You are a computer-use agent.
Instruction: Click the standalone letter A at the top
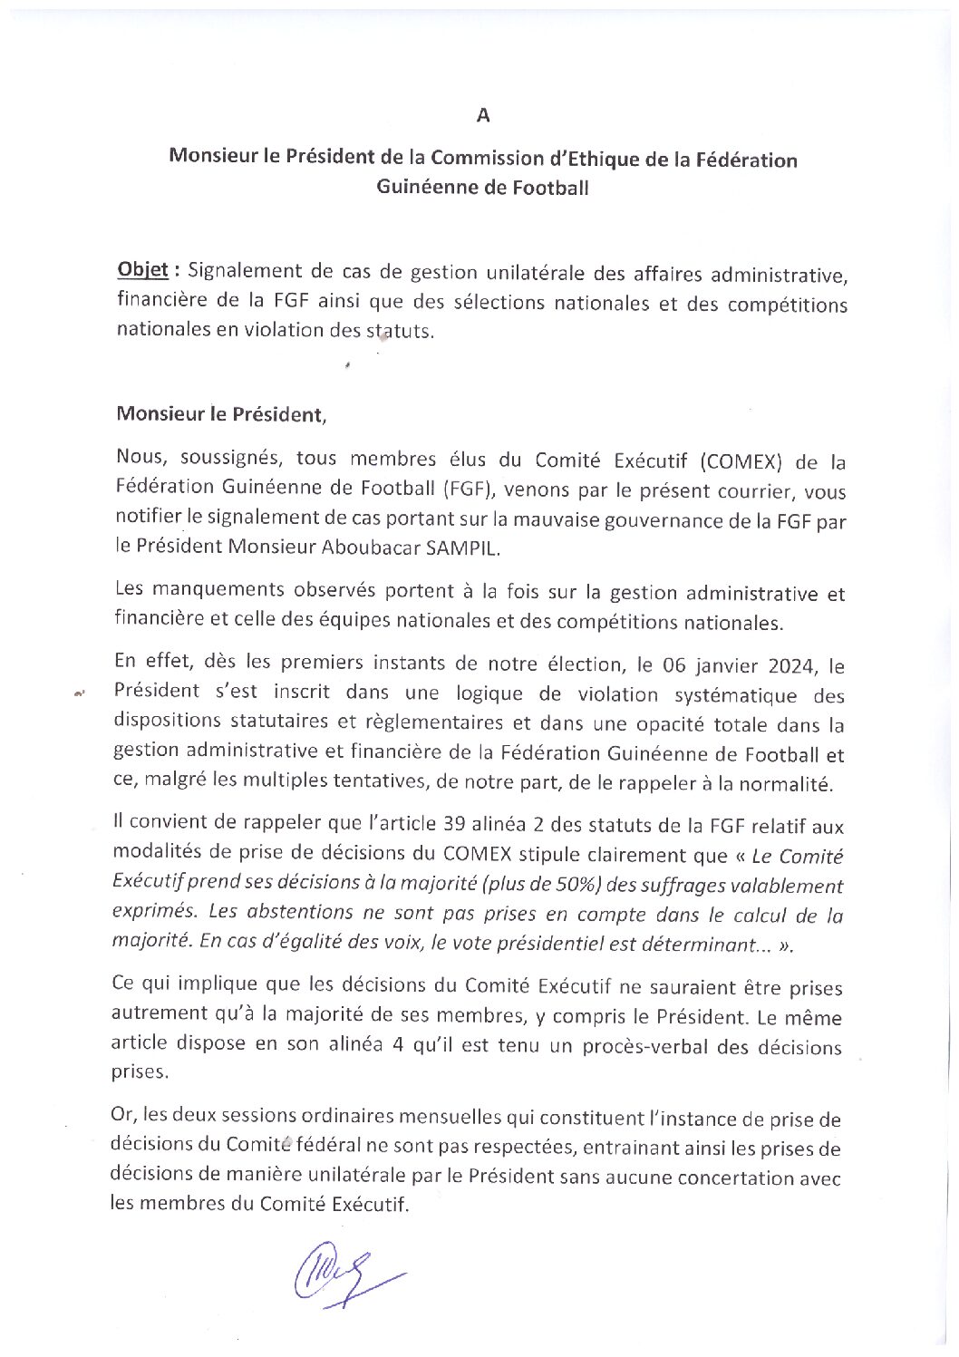click(x=483, y=115)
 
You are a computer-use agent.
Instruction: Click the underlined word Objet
click(x=143, y=270)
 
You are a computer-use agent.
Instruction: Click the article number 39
click(x=455, y=825)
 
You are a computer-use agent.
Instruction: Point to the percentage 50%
click(x=571, y=885)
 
